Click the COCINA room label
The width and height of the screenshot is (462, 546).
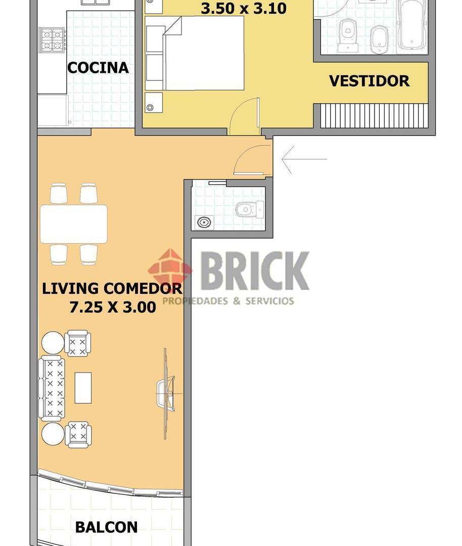click(x=98, y=68)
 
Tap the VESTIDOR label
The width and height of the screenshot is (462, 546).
click(x=369, y=81)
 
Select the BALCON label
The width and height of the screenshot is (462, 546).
click(x=106, y=527)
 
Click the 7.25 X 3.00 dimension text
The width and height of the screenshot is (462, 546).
click(x=113, y=307)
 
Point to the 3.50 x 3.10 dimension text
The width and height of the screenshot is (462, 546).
click(x=244, y=9)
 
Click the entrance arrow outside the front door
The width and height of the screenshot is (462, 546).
click(x=304, y=159)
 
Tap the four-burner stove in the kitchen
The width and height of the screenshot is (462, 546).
click(x=52, y=40)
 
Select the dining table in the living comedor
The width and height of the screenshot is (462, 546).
click(x=73, y=224)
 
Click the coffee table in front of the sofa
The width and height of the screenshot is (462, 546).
click(x=83, y=388)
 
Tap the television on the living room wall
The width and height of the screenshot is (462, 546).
click(x=166, y=393)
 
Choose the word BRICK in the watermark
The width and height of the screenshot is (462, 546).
click(x=255, y=271)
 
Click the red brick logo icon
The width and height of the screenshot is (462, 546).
click(x=170, y=268)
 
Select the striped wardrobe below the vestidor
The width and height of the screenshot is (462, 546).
click(x=374, y=116)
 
